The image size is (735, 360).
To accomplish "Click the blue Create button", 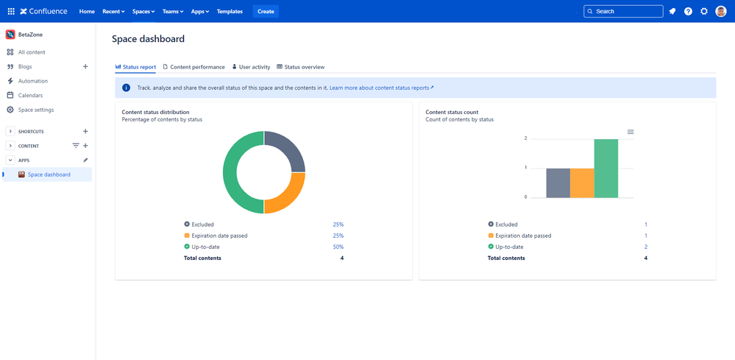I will click(266, 12).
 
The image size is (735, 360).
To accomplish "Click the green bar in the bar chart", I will click(606, 169).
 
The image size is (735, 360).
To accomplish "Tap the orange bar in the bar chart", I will click(582, 183).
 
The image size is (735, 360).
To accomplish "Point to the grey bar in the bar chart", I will click(558, 183).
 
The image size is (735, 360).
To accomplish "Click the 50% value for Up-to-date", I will click(338, 247).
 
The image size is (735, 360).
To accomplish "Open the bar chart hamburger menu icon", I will click(631, 132).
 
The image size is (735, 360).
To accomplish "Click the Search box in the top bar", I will click(623, 12).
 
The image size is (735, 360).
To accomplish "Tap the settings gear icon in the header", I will click(704, 12).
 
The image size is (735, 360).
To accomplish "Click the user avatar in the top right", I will click(721, 12).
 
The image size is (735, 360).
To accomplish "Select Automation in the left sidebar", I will click(32, 81).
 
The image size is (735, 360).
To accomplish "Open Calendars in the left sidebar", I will click(30, 96).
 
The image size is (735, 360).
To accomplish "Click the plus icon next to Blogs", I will click(85, 67).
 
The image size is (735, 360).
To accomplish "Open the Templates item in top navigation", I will click(230, 12).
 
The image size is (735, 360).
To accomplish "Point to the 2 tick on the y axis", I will click(525, 138).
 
